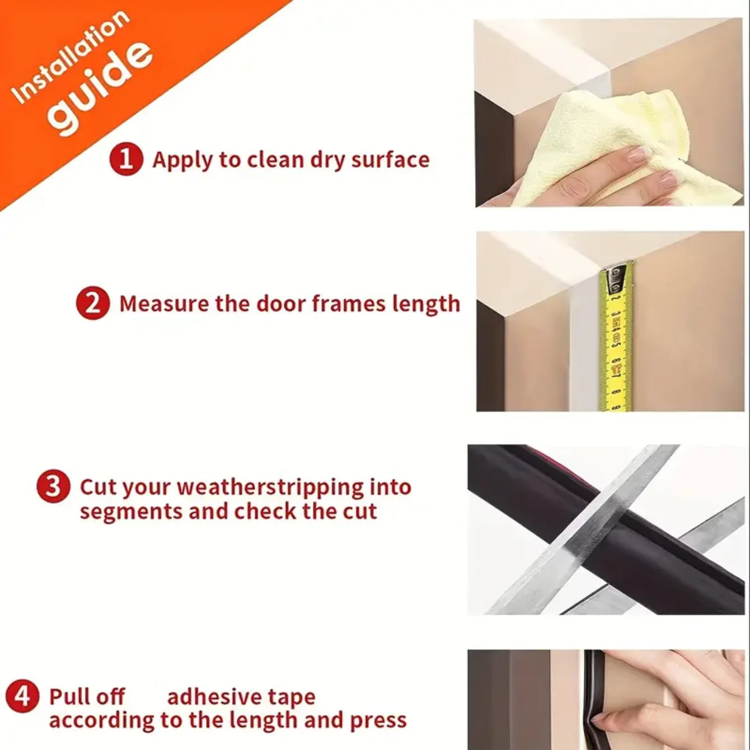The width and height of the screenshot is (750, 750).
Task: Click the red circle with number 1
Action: tap(126, 160)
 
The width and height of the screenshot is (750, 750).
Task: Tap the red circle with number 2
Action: tap(92, 304)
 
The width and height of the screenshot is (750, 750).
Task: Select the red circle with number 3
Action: tap(53, 486)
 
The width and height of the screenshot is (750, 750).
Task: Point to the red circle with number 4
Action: tap(22, 697)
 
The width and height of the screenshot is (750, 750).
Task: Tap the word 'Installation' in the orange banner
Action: tap(70, 56)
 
